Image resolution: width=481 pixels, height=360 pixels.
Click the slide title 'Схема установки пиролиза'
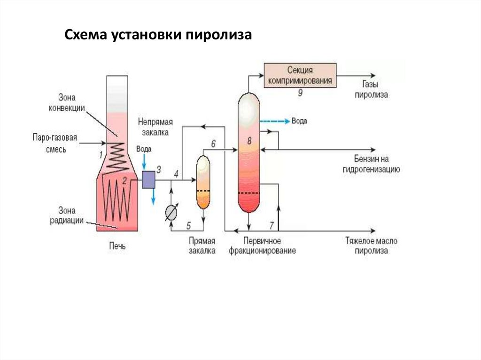(158, 36)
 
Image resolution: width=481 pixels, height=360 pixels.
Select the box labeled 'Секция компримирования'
(300, 75)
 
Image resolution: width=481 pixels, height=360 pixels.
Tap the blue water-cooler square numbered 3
(148, 179)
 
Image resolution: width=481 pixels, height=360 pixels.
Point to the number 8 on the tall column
(249, 140)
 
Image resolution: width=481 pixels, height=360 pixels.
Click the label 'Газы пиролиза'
(371, 90)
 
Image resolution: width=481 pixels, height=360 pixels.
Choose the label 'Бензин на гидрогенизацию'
(371, 164)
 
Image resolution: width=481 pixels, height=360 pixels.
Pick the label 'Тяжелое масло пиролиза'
(371, 246)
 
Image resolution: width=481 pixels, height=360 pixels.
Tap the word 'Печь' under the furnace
(117, 245)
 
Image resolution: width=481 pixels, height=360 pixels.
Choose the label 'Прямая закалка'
(202, 245)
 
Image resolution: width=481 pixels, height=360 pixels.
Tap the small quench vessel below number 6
(202, 182)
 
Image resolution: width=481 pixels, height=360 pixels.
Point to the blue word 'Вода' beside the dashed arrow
(299, 121)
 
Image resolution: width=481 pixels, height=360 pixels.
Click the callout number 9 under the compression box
(300, 93)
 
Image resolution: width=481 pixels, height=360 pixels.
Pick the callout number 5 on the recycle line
(189, 225)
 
